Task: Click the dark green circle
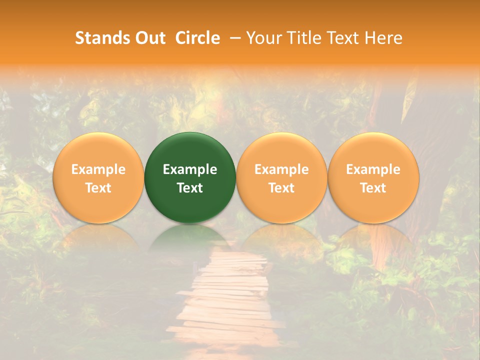tap(190, 150)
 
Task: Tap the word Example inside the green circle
tap(190, 169)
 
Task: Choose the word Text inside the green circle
tap(190, 188)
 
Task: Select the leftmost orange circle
tap(98, 150)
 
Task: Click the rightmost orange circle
tap(373, 150)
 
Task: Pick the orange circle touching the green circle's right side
tap(281, 150)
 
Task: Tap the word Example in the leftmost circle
tap(98, 169)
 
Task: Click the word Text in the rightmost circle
tap(373, 188)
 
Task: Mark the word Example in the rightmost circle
tap(373, 169)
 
